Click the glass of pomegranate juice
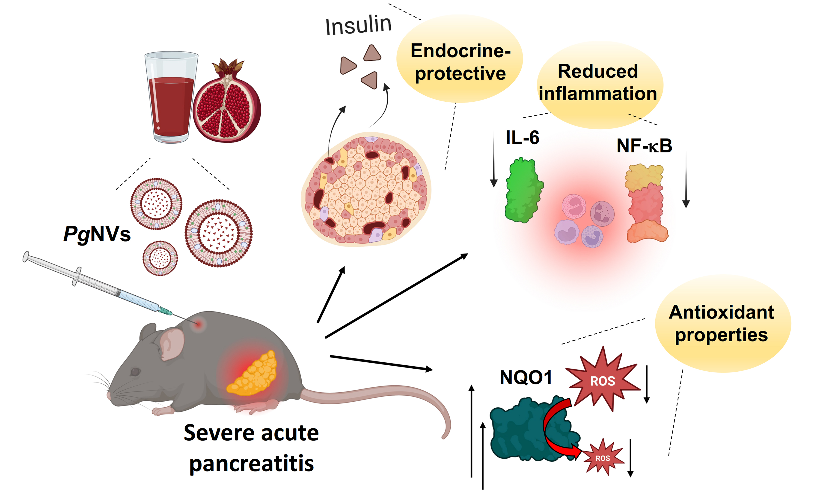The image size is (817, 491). click(x=171, y=99)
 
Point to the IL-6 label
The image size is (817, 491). click(x=522, y=138)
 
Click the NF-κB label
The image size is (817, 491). click(x=644, y=145)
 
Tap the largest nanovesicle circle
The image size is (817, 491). click(x=218, y=233)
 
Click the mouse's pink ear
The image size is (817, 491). click(x=172, y=344)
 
